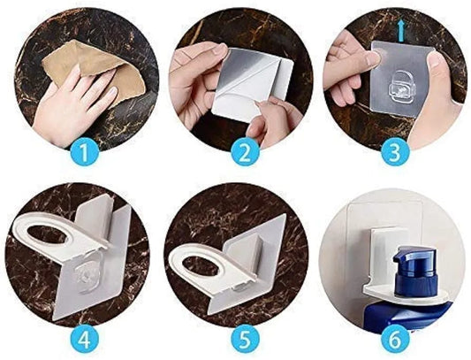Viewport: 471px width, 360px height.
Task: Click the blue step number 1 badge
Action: click(84, 153)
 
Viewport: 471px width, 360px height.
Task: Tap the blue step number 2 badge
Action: click(245, 153)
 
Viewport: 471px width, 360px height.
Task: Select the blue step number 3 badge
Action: click(395, 153)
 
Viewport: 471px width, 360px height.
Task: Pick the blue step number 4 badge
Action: click(84, 340)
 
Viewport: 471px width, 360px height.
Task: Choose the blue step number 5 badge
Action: click(245, 340)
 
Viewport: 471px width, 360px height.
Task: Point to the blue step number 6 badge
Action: click(395, 340)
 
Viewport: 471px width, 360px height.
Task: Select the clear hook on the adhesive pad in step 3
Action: click(402, 86)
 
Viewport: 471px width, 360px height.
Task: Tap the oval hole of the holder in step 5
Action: click(201, 264)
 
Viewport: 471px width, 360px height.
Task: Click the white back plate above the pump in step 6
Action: click(383, 254)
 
